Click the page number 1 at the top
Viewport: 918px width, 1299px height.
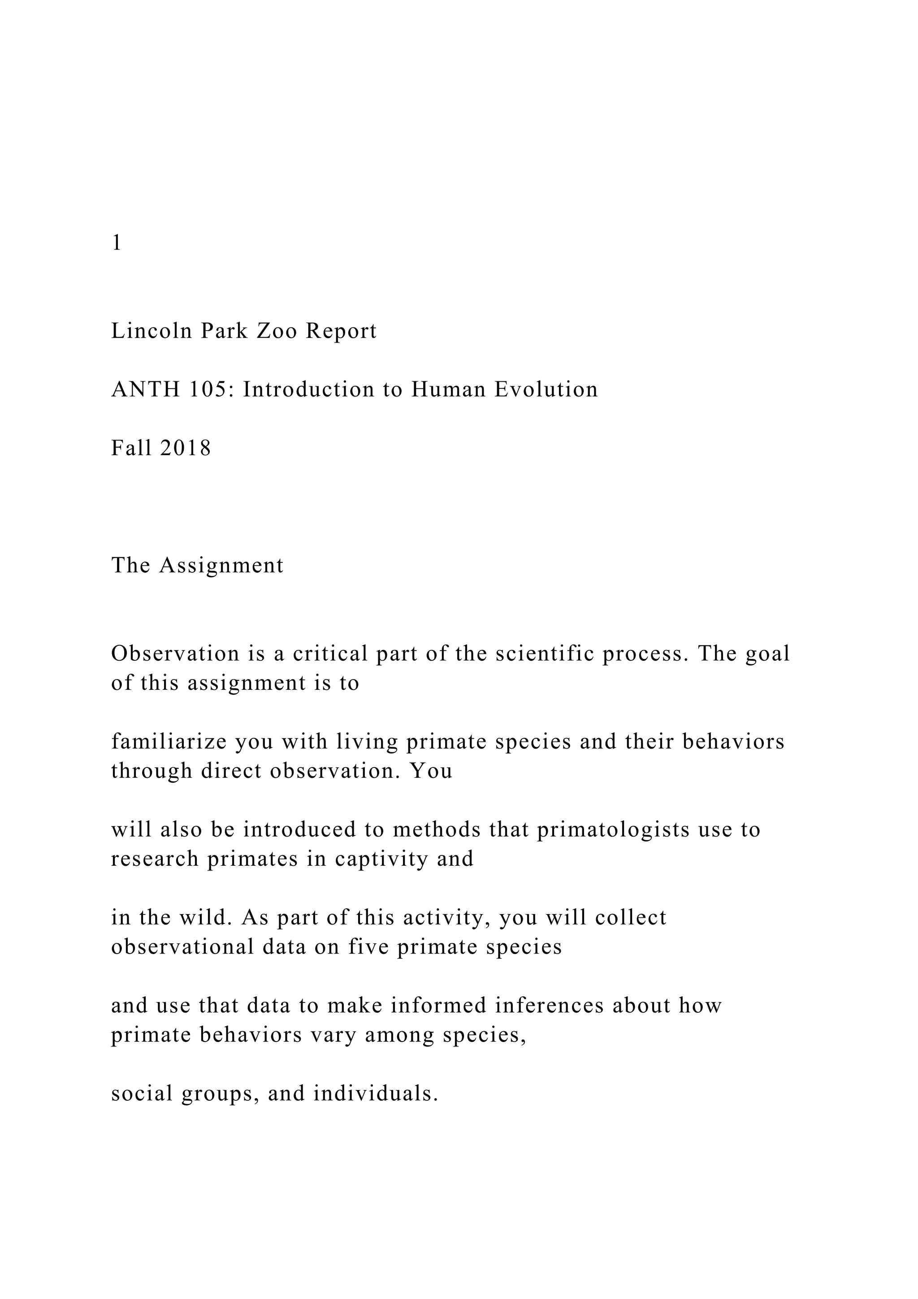[117, 243]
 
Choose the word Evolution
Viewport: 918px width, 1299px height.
[546, 390]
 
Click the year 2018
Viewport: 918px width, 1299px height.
[186, 449]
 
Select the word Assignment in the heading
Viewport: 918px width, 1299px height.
[221, 566]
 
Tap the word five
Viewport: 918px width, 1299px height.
[368, 947]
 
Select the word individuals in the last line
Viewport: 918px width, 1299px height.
[376, 1094]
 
